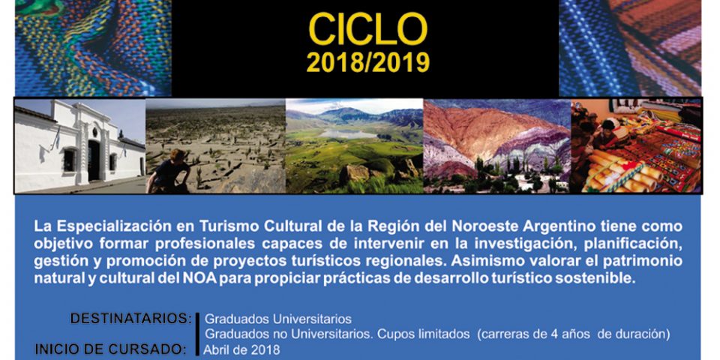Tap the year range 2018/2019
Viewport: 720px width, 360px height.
[367, 62]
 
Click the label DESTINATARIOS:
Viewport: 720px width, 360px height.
[130, 318]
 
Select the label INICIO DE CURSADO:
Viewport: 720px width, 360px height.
[111, 349]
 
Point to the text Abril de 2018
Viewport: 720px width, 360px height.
[242, 349]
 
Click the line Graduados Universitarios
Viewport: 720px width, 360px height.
[277, 319]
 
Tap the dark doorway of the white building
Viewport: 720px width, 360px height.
[94, 160]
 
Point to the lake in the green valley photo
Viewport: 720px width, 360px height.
[349, 133]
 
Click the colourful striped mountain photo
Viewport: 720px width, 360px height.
[496, 146]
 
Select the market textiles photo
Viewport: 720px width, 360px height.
[636, 146]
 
